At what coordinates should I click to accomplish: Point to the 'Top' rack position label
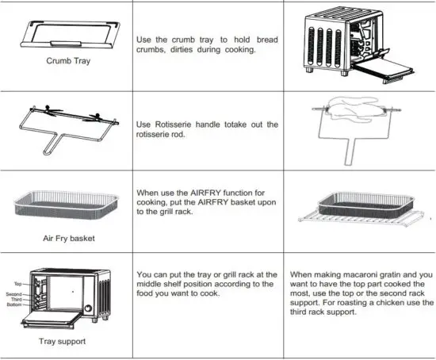pyautogui.click(x=17, y=284)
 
